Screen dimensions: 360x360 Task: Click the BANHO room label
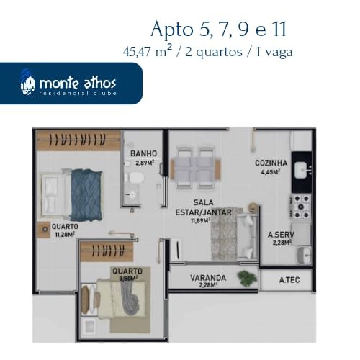(143, 153)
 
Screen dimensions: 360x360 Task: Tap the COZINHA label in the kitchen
(271, 163)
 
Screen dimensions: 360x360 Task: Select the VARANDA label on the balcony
(208, 278)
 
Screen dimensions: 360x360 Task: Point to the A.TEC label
(289, 280)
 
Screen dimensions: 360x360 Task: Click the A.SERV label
(281, 235)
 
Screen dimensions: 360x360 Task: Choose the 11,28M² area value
(65, 235)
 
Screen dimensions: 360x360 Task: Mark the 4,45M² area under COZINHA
(271, 172)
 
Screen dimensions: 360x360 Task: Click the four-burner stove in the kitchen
(301, 207)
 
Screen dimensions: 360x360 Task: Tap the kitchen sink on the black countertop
(302, 170)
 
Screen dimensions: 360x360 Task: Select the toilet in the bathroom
(134, 178)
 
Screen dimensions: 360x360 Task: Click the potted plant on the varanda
(247, 278)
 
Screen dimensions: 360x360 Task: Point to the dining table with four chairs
(195, 166)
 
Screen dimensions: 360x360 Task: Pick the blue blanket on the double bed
(86, 195)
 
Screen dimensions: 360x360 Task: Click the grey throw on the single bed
(130, 298)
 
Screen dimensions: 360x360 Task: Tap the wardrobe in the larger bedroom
(78, 140)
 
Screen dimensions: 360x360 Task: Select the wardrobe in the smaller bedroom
(107, 251)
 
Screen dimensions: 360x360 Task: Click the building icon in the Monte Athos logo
(27, 83)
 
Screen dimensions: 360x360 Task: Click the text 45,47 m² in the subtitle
(148, 52)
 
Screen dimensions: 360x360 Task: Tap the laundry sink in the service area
(305, 256)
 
